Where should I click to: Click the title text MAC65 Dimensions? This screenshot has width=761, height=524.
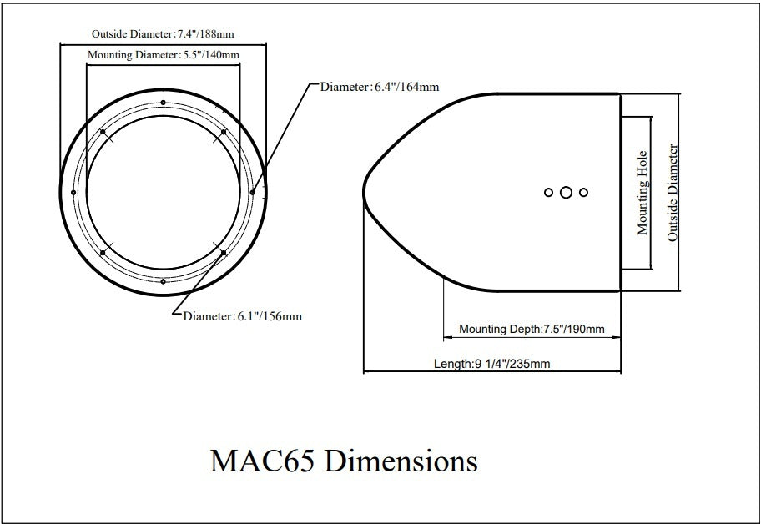tap(343, 461)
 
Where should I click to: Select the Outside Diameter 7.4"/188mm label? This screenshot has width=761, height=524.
tap(162, 34)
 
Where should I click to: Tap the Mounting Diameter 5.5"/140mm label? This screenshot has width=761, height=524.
tap(164, 55)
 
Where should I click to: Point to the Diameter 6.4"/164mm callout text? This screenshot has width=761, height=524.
tap(380, 86)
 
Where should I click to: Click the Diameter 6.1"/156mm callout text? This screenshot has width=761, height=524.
tap(242, 316)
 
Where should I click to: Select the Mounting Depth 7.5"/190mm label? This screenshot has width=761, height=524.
tap(532, 329)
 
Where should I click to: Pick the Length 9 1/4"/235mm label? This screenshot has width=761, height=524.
tap(491, 364)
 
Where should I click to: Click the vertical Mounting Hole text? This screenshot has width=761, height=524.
tap(643, 193)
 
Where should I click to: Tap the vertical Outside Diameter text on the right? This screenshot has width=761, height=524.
tap(673, 193)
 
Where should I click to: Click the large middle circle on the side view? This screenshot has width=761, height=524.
tap(566, 192)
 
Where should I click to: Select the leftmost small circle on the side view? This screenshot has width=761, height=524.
tap(548, 192)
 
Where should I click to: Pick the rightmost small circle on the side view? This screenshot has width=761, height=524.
tap(584, 192)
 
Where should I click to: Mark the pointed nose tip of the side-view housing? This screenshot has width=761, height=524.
tap(365, 191)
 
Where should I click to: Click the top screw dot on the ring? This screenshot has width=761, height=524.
tap(164, 102)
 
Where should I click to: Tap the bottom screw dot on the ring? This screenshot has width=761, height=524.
tap(164, 281)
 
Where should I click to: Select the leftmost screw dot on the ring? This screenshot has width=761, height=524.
tap(74, 192)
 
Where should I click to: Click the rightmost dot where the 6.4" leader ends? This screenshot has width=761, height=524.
tap(253, 192)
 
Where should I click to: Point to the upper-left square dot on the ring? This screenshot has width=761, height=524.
tap(102, 132)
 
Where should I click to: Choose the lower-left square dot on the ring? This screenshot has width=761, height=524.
tap(102, 251)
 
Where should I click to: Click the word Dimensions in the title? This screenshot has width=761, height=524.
tap(400, 461)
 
